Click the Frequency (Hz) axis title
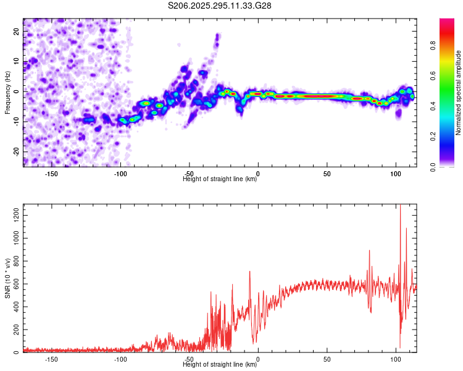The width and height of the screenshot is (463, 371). point(7,92)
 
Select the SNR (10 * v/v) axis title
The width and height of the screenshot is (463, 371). point(7,278)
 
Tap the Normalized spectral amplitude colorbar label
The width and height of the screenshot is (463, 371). point(458,93)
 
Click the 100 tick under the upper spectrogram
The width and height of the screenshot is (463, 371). point(396,174)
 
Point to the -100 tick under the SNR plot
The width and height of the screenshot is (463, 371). point(120,359)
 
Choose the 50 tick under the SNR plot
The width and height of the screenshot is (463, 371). point(327,359)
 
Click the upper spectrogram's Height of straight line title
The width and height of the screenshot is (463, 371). point(220,179)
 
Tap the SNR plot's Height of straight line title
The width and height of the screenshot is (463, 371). point(220,365)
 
